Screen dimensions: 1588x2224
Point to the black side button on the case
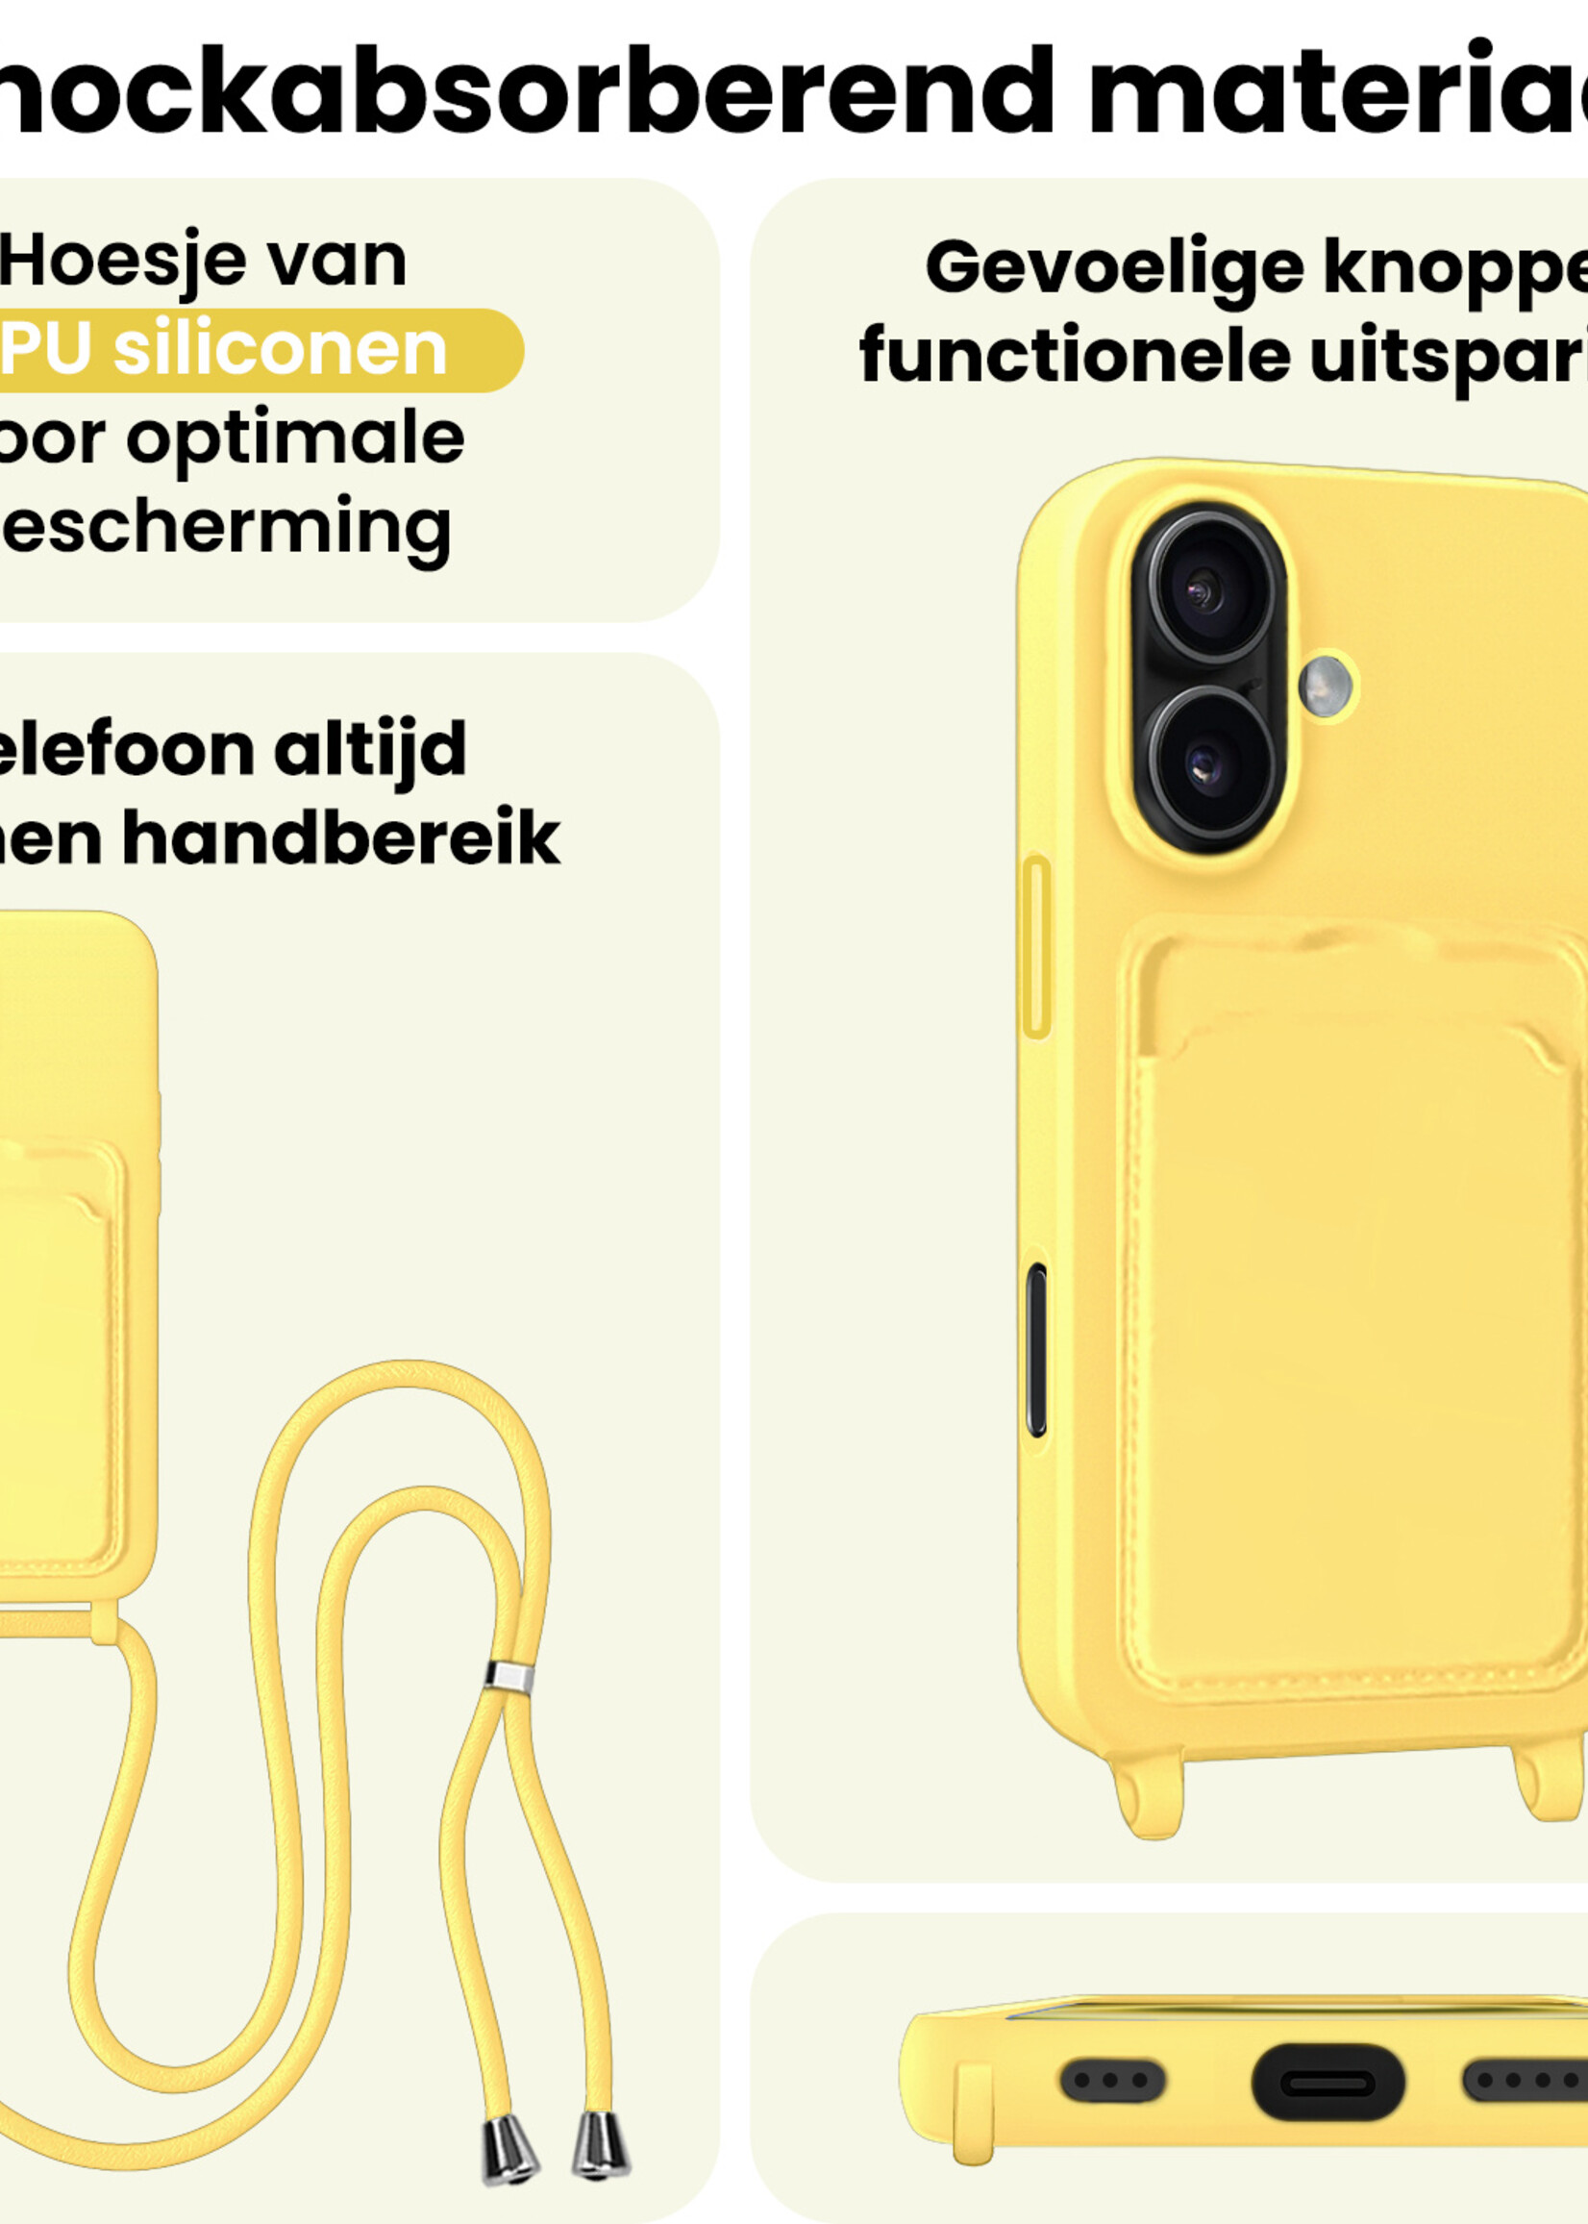pos(1036,1350)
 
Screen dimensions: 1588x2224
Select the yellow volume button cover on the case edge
pos(1035,946)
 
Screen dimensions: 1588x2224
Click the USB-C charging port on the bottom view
pos(1327,2083)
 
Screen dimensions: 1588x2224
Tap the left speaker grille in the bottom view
pos(1112,2080)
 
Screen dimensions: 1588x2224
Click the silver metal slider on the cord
pos(509,1677)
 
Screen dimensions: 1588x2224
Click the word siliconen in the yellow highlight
pos(280,350)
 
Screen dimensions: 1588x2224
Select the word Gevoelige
pos(1114,268)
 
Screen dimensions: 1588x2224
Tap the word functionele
pos(1075,356)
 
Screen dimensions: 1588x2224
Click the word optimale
pos(295,438)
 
